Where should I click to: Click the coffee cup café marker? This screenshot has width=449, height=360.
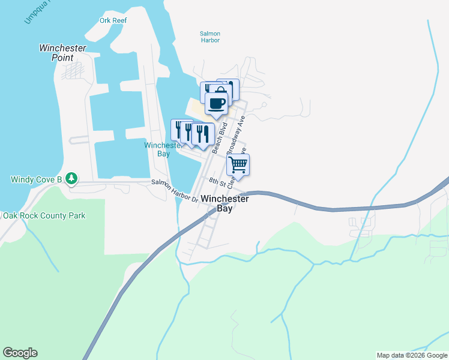[216, 103]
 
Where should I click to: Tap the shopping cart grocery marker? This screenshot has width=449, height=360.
[238, 164]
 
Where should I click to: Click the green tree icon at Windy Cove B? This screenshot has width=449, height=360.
[71, 178]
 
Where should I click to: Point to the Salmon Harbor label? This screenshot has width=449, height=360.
[210, 37]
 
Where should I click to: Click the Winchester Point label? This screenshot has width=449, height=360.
[62, 53]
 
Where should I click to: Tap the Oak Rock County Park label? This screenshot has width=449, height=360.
[44, 215]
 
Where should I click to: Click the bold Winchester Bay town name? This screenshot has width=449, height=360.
[224, 203]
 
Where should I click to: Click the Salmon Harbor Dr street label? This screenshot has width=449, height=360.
[174, 190]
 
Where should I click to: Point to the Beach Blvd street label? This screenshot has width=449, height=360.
[218, 137]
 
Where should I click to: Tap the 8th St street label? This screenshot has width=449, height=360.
[215, 181]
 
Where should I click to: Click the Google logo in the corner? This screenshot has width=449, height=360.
[20, 353]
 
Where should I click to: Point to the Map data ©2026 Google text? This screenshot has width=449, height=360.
[411, 355]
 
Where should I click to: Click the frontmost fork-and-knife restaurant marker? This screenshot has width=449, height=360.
[202, 134]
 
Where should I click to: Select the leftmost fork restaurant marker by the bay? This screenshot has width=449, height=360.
[178, 128]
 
